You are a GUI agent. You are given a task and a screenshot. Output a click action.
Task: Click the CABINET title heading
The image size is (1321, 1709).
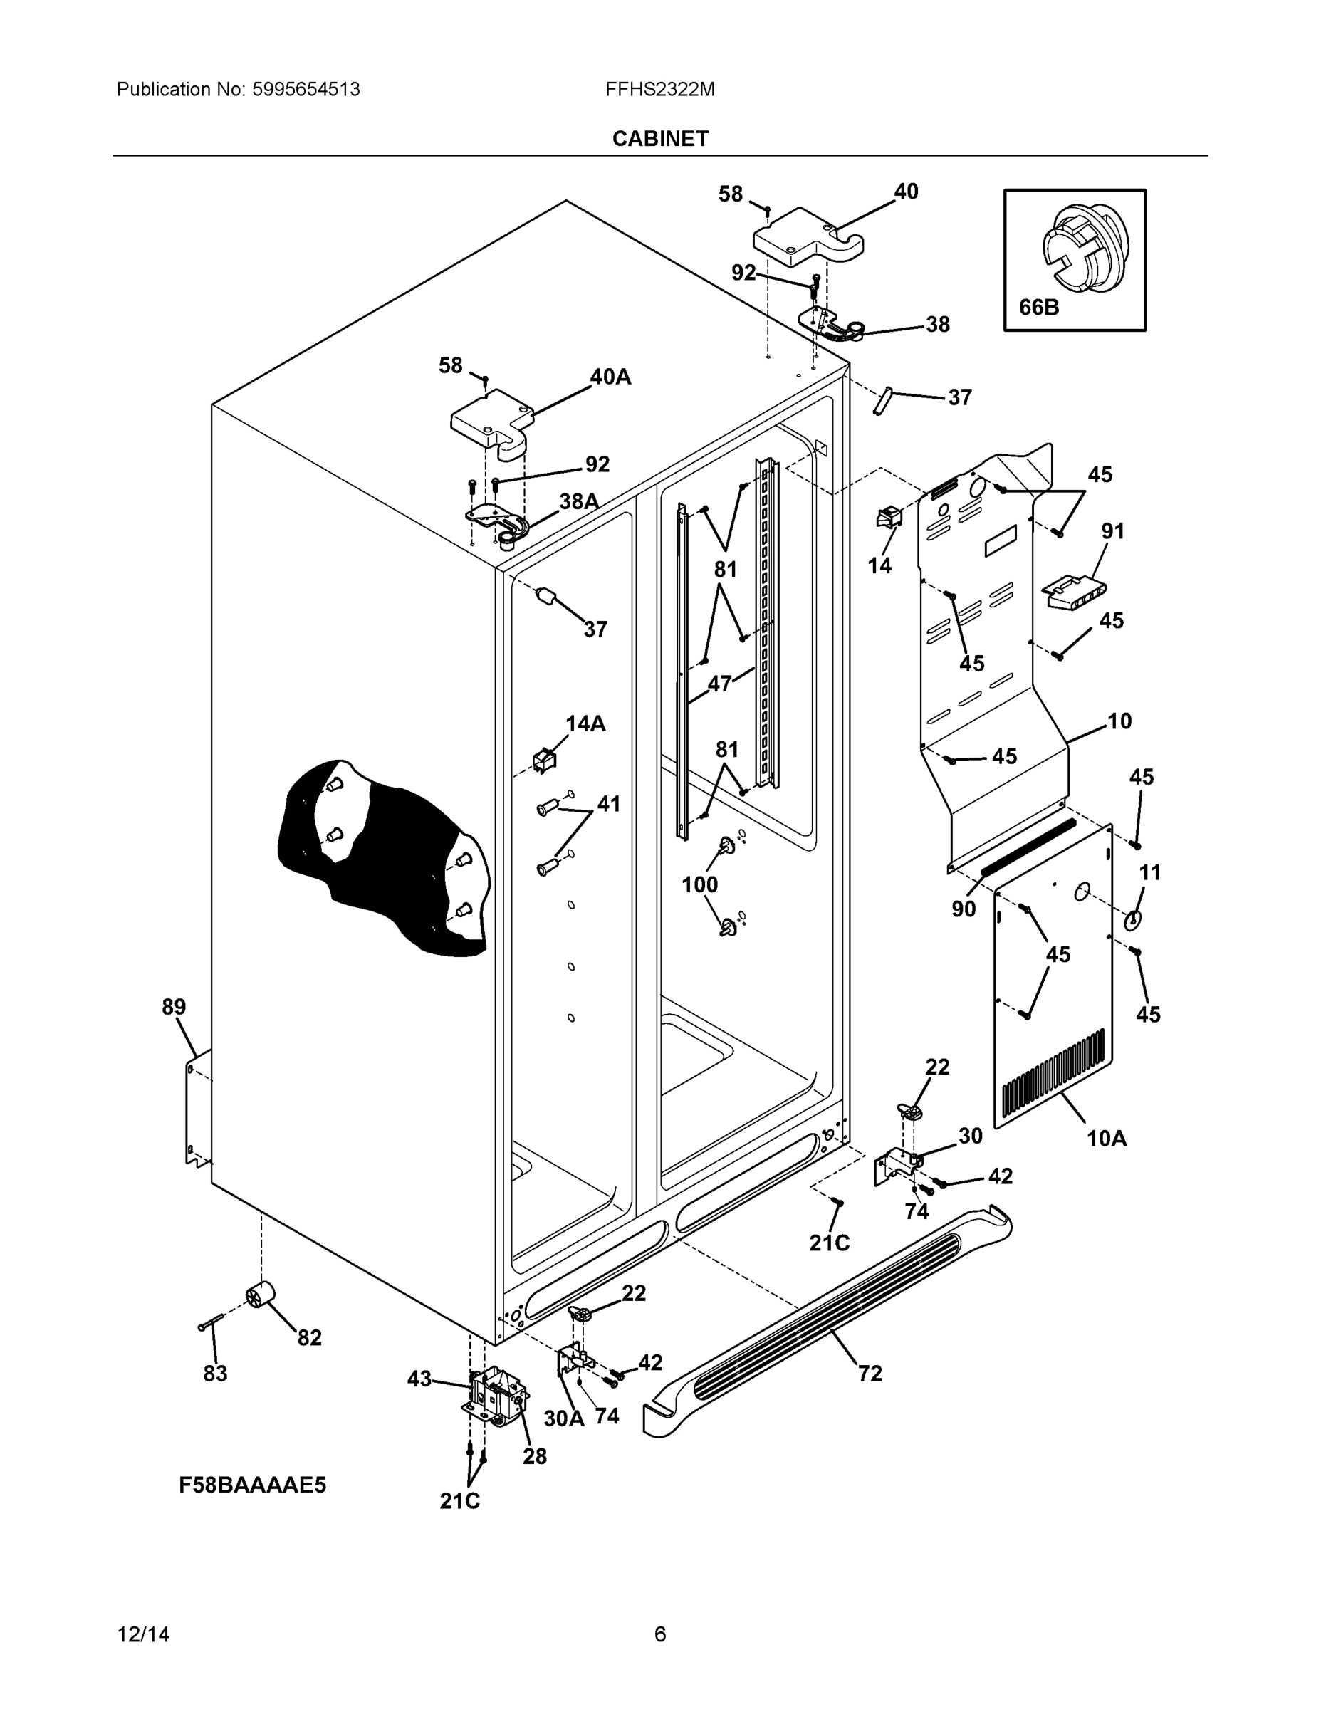[x=659, y=139]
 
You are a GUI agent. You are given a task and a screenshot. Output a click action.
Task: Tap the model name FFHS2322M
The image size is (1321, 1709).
[x=659, y=89]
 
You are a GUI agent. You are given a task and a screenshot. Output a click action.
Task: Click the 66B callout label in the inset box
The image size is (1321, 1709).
[x=1038, y=308]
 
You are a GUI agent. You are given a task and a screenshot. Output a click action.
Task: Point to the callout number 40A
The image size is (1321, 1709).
[x=610, y=377]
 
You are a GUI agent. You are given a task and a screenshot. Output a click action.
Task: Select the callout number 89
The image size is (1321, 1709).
[x=174, y=1007]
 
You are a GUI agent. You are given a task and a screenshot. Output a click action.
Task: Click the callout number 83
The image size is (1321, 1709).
[x=215, y=1374]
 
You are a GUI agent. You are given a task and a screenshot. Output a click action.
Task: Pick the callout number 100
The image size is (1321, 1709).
[x=699, y=884]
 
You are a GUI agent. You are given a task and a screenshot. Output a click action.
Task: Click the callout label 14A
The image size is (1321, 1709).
[x=585, y=723]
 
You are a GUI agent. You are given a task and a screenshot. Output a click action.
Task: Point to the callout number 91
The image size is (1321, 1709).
[x=1113, y=531]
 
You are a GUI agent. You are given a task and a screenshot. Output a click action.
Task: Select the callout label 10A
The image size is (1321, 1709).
[x=1107, y=1139]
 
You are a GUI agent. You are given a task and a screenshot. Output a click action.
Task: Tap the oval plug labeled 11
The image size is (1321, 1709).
[x=1132, y=920]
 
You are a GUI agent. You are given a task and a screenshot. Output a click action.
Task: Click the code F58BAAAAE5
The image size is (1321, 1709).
[x=252, y=1485]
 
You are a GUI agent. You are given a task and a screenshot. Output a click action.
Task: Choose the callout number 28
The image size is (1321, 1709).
[x=535, y=1456]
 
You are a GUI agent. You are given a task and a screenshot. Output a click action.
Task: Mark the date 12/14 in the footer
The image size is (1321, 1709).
[x=143, y=1635]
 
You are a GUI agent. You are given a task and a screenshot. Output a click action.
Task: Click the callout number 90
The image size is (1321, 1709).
[x=964, y=909]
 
